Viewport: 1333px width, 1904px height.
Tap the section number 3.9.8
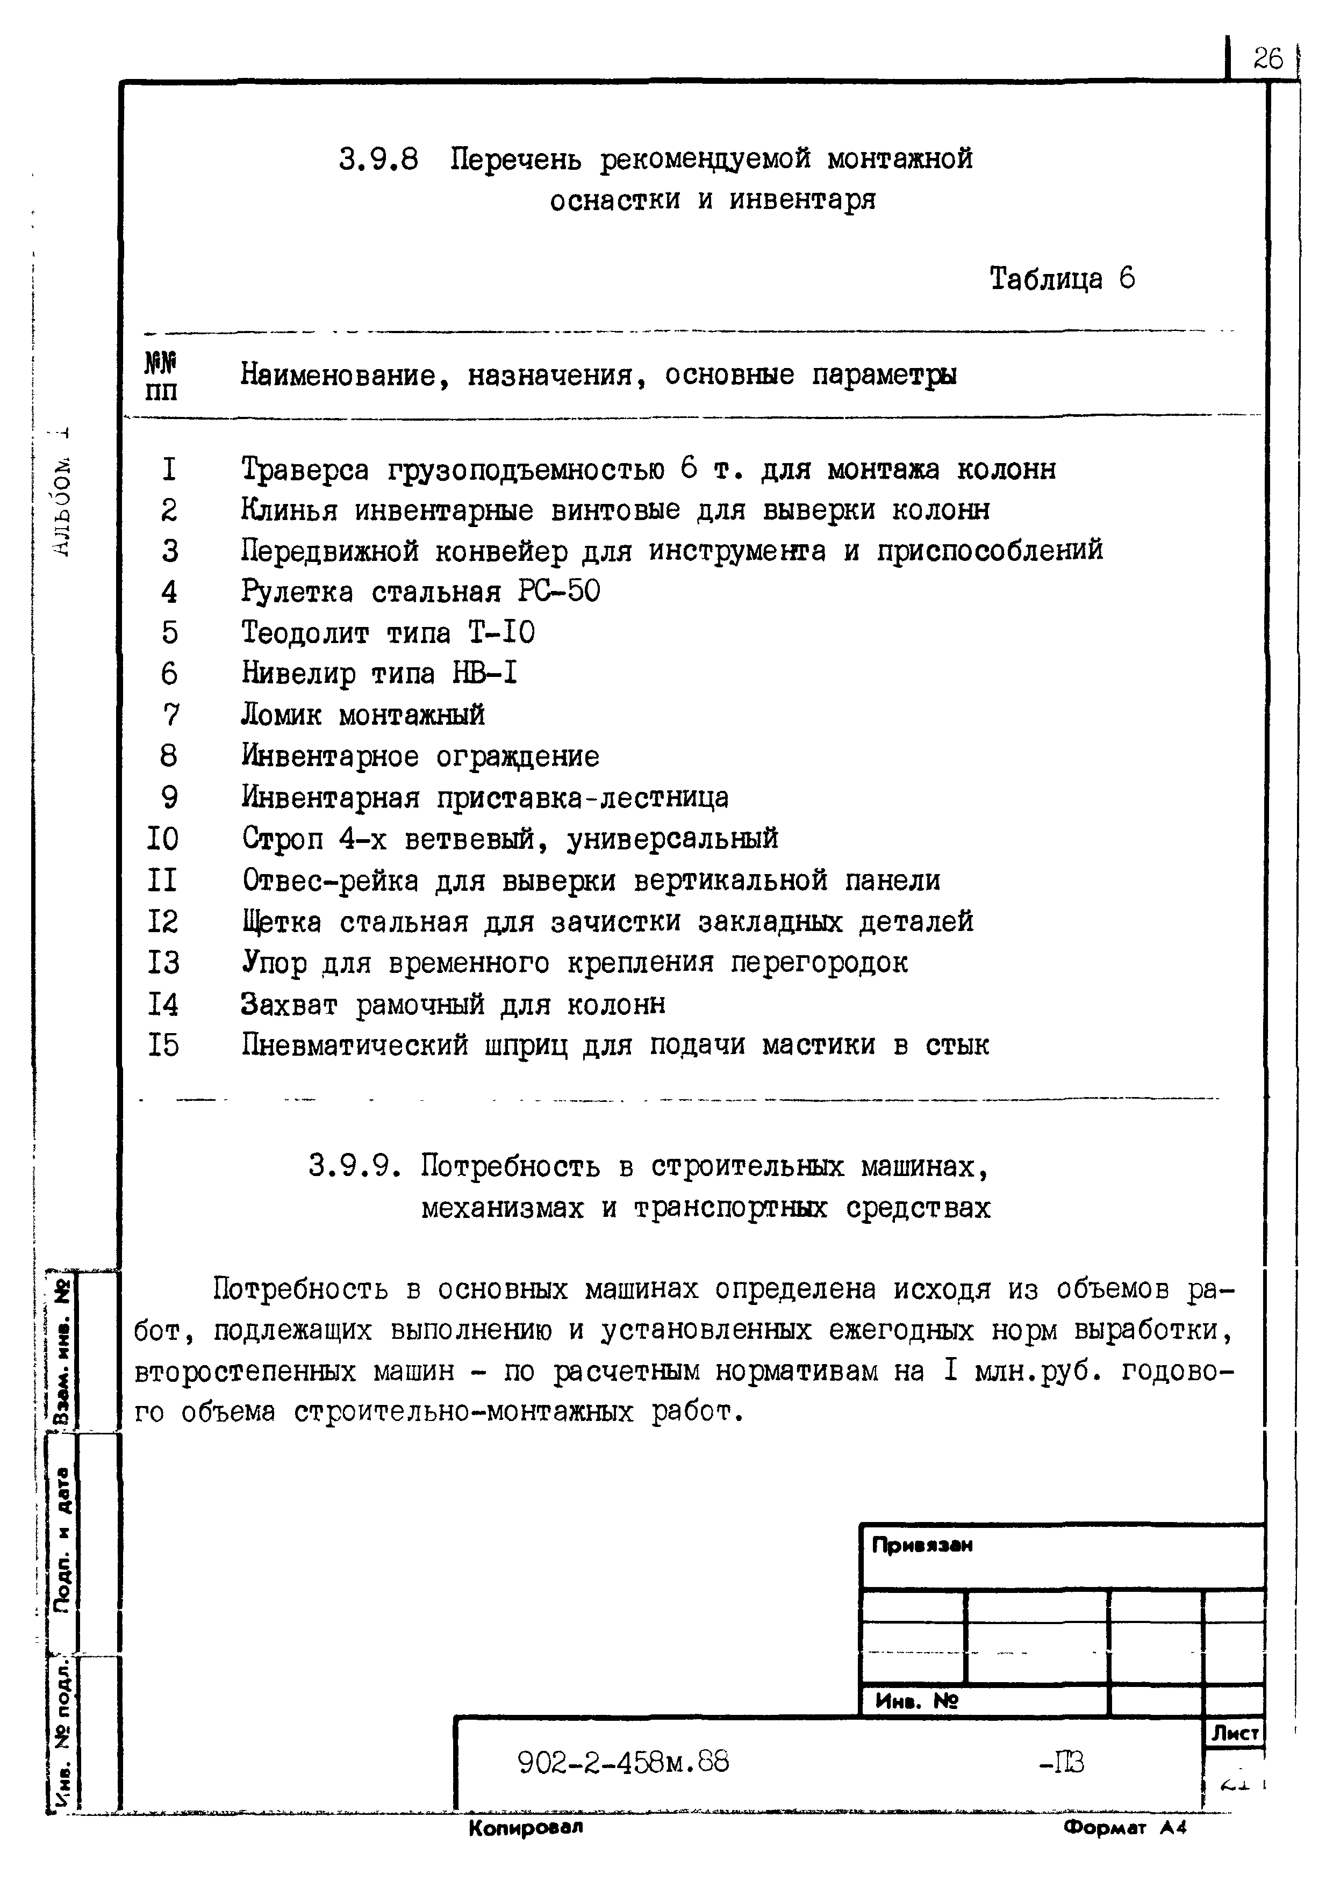point(378,159)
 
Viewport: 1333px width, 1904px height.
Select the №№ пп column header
point(162,376)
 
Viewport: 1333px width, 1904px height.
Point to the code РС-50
point(559,592)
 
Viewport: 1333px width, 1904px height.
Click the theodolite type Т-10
point(501,633)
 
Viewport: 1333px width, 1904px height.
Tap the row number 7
point(170,715)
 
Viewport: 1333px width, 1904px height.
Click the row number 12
point(163,921)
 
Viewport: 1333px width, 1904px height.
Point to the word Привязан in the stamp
point(922,1545)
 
